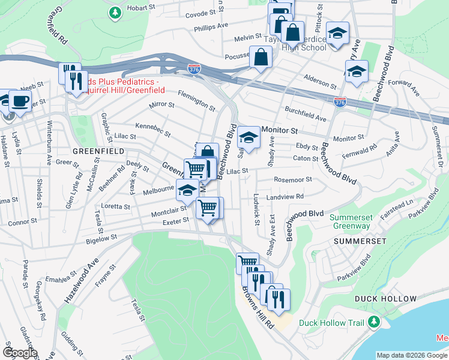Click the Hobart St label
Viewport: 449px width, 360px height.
[141, 8]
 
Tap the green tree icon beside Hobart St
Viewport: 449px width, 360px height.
[115, 11]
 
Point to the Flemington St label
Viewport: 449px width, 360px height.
[196, 100]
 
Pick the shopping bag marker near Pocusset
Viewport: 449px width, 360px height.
[261, 58]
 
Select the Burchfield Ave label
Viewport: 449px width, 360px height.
[306, 114]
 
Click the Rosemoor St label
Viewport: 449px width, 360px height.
[293, 179]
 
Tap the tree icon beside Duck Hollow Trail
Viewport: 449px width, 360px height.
[374, 323]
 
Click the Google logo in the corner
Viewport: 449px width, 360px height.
[20, 353]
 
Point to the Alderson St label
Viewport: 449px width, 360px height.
[320, 82]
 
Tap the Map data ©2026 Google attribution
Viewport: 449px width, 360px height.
[412, 355]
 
